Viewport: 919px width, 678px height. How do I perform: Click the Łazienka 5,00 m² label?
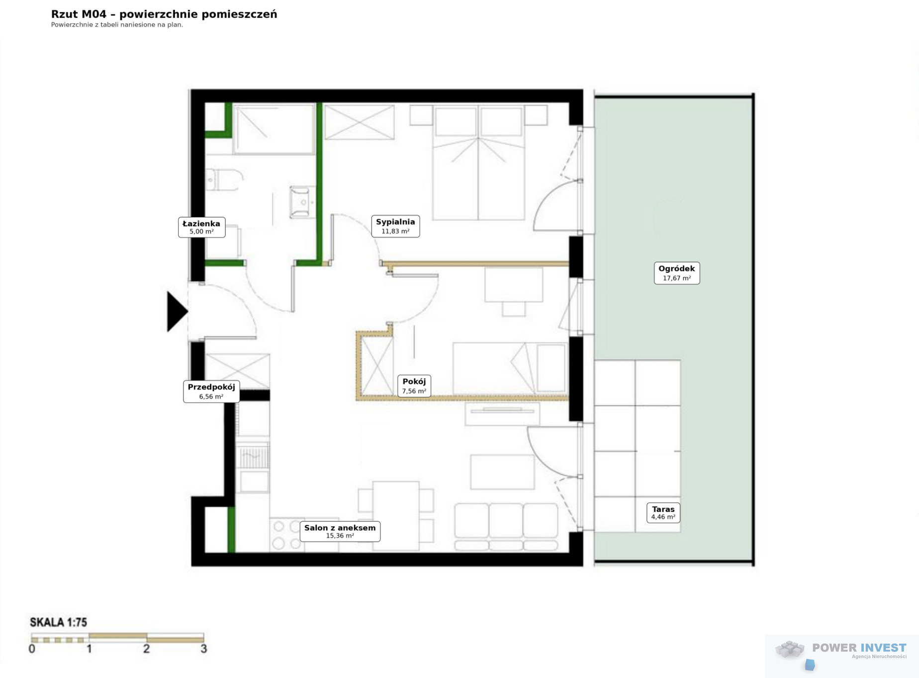(x=201, y=227)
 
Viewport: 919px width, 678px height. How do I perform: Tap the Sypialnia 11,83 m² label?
(x=395, y=226)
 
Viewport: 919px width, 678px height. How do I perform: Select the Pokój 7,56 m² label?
(x=414, y=386)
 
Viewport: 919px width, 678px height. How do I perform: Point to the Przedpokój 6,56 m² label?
(x=211, y=391)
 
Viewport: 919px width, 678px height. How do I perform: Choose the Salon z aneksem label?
(x=340, y=531)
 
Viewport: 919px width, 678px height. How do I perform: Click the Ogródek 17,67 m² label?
(x=677, y=273)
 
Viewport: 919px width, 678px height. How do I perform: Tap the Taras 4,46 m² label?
(x=663, y=512)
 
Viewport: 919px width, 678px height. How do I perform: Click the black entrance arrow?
(x=177, y=312)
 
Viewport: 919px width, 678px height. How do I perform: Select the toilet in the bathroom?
(x=224, y=179)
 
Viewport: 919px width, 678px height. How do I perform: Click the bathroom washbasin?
(x=303, y=202)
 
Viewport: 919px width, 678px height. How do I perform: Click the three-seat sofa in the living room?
(x=506, y=527)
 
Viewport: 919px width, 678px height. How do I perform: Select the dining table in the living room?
(x=396, y=515)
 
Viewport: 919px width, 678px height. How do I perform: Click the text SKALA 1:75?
(x=59, y=622)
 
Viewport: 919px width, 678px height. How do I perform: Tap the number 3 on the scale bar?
(x=203, y=649)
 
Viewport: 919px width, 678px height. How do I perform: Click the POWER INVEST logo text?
(x=859, y=648)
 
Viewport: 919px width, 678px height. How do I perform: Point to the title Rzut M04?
(x=79, y=14)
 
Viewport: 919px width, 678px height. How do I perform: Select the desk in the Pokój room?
(x=514, y=285)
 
